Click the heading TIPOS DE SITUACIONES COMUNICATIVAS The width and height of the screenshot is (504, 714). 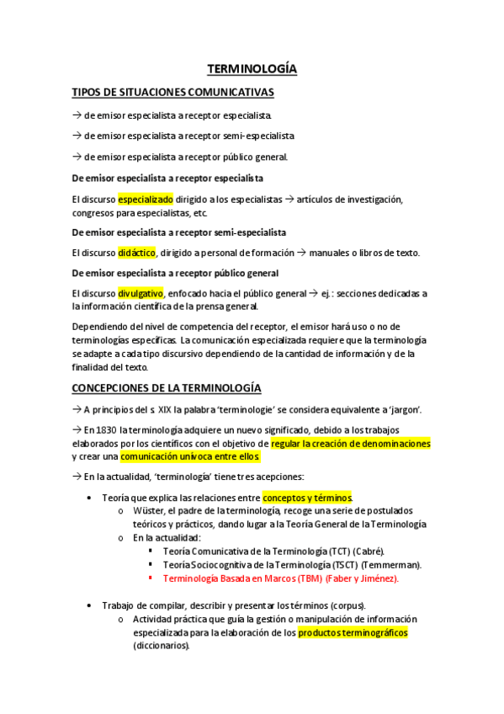(x=172, y=92)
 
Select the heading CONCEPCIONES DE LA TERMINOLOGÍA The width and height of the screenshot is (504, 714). (x=167, y=387)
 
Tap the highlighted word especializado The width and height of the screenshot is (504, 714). (x=146, y=200)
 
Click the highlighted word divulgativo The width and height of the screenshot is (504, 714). (x=141, y=293)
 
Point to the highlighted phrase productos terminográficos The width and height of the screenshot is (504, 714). (x=353, y=633)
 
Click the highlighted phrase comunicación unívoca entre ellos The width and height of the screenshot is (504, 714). (x=191, y=456)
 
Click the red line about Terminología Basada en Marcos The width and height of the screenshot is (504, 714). (x=280, y=578)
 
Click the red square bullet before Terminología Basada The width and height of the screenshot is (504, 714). (x=150, y=578)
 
